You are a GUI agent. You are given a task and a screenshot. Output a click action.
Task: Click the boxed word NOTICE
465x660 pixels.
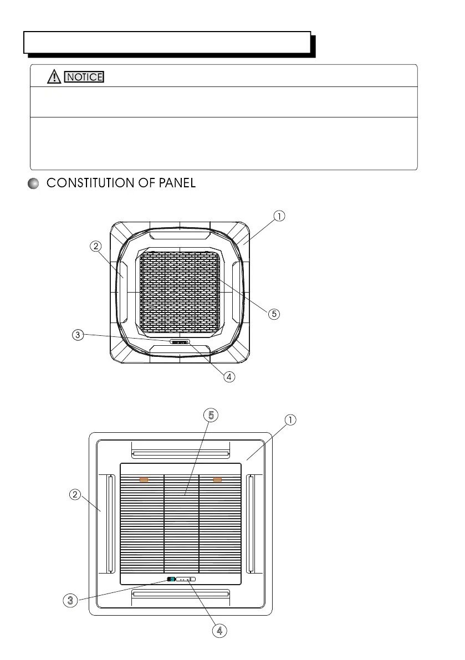[84, 77]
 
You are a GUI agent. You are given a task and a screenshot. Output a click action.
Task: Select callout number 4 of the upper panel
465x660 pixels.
[229, 376]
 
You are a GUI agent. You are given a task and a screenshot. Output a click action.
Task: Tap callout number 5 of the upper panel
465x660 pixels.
[273, 314]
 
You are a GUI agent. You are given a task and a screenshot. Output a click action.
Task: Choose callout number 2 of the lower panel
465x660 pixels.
[75, 494]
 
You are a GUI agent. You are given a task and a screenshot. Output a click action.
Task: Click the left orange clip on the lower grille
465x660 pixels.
[144, 480]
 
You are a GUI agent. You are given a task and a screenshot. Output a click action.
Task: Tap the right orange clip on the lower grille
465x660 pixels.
[217, 480]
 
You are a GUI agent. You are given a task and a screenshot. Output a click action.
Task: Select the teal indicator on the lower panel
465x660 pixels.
[172, 580]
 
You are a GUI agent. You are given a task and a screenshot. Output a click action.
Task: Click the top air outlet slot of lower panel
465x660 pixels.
[180, 453]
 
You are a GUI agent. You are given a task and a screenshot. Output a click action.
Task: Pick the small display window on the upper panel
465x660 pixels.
[179, 342]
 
